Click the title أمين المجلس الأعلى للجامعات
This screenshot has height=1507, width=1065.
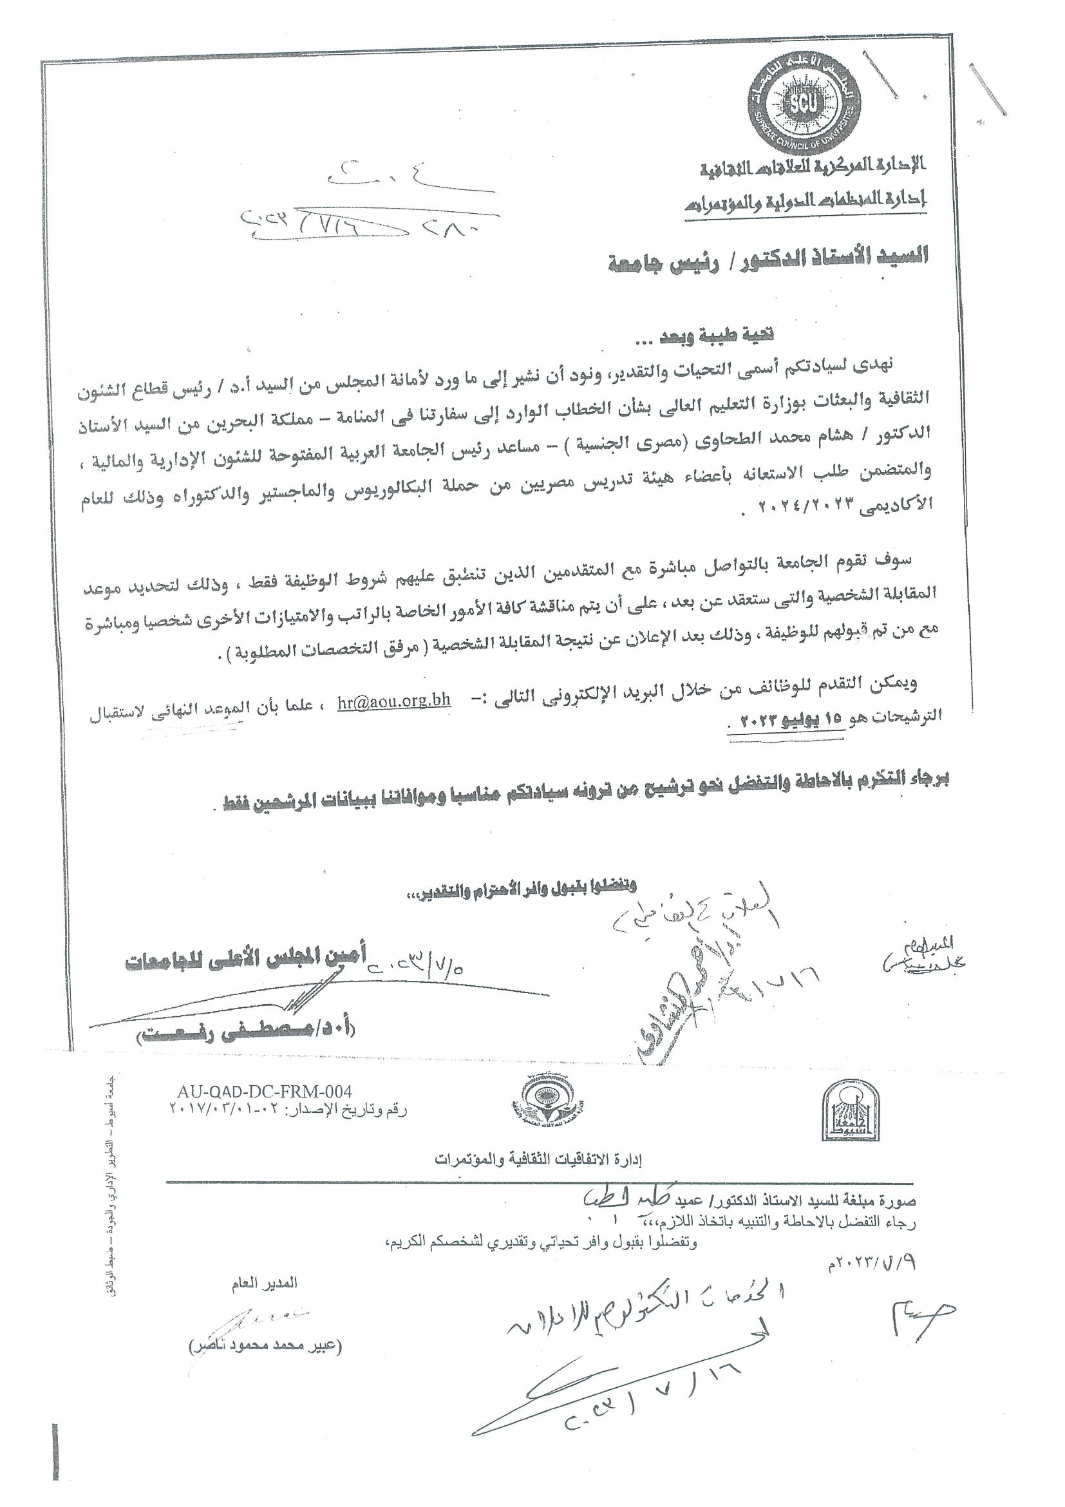(x=246, y=959)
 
